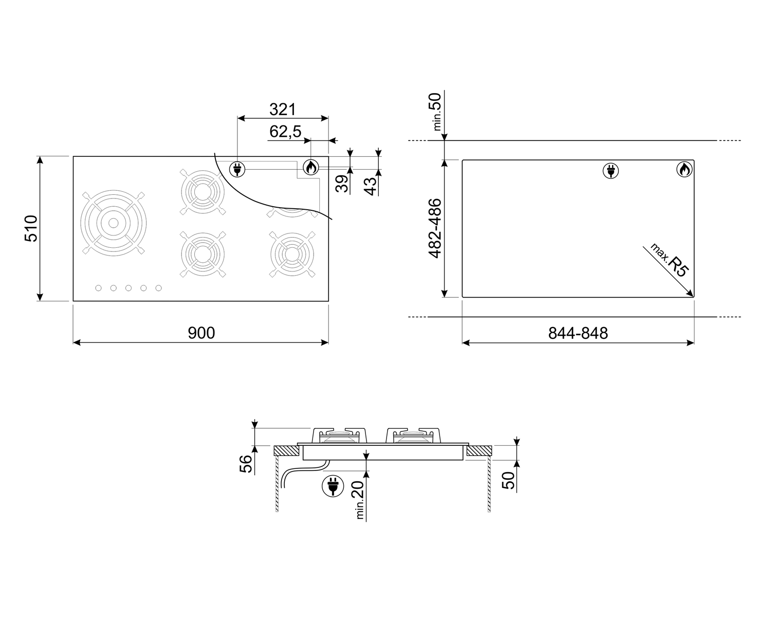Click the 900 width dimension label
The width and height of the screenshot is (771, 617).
(x=201, y=333)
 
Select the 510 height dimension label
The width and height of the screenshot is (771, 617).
(x=31, y=228)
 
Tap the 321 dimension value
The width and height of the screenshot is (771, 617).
(x=283, y=110)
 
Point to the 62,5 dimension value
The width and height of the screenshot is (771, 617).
(x=286, y=132)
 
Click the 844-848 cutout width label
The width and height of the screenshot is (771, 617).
(x=578, y=333)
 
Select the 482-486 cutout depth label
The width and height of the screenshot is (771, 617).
(x=435, y=228)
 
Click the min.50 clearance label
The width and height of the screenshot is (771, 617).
(x=436, y=112)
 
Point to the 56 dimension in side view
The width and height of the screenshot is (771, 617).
(x=246, y=464)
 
